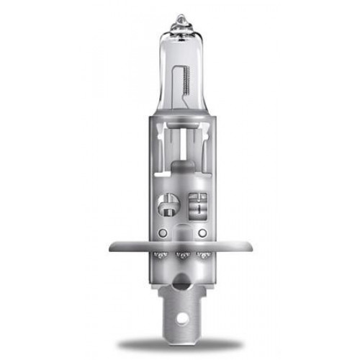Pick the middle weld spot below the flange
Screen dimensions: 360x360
[181, 255]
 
